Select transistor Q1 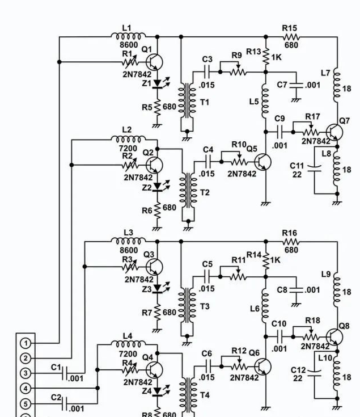153,62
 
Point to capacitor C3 207,72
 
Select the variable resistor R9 238,72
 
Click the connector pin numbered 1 26,343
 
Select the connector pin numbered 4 26,388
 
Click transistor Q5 264,162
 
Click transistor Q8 335,336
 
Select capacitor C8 295,289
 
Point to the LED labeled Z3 157,289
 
